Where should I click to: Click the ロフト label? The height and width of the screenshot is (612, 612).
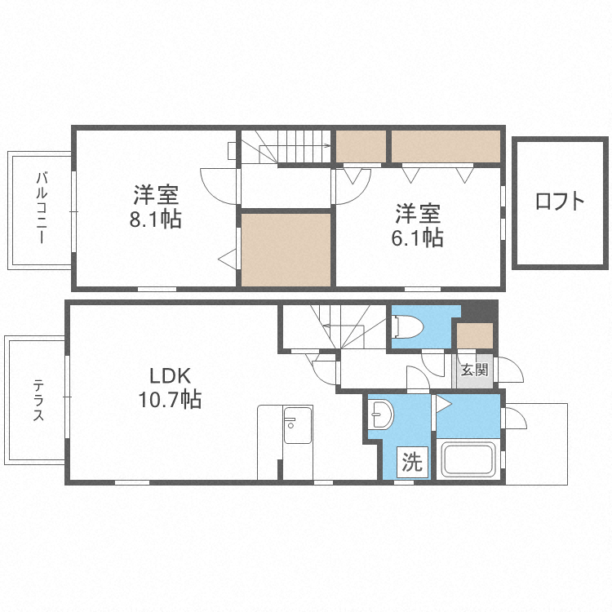(x=560, y=202)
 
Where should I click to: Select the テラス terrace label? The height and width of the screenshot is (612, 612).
(x=38, y=401)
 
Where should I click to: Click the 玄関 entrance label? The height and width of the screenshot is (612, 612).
(x=474, y=370)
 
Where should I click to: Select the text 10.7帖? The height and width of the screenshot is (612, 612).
(x=170, y=400)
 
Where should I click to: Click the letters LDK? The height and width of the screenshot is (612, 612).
(x=169, y=376)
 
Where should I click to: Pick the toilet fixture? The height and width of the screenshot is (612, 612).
(x=407, y=326)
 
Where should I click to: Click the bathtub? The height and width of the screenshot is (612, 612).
(x=468, y=461)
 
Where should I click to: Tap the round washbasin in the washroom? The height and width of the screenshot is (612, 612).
(x=380, y=415)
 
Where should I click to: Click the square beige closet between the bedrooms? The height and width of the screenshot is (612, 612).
(x=286, y=249)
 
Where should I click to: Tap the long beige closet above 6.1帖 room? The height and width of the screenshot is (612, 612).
(x=445, y=146)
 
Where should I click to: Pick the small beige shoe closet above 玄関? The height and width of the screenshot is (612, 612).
(x=474, y=335)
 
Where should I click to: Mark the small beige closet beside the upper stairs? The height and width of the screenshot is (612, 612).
(x=361, y=146)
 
